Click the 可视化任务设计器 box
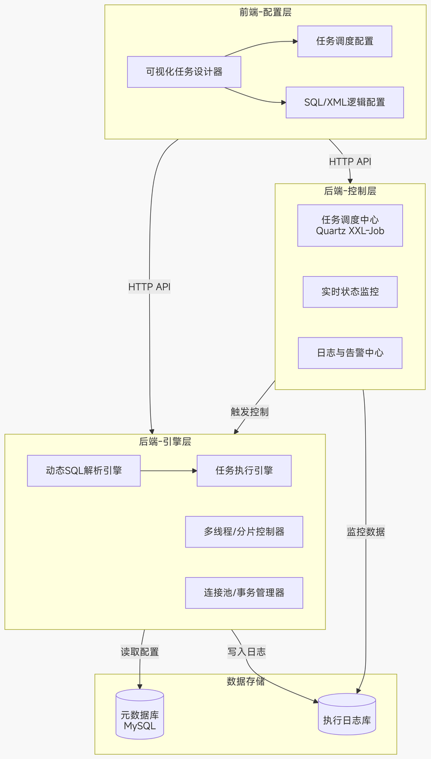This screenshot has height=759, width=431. [x=184, y=72]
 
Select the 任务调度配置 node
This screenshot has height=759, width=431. [x=345, y=41]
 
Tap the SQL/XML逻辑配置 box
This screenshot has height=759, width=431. [x=345, y=102]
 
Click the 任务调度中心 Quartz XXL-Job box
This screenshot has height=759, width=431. [x=350, y=225]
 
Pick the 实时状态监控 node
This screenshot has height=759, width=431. [x=350, y=292]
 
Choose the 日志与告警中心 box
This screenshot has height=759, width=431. [x=350, y=353]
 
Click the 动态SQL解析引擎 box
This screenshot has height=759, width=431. [x=84, y=470]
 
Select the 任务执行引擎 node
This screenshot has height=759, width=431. [x=244, y=470]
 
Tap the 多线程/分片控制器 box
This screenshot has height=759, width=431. [x=244, y=532]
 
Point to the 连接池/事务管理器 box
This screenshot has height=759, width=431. [x=244, y=593]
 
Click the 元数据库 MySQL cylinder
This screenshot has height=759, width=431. [x=140, y=715]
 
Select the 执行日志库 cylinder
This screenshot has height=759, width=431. [x=347, y=715]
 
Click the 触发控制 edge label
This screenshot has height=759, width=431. [x=249, y=412]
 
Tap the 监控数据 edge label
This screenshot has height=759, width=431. [x=366, y=532]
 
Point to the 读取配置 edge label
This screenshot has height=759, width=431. [x=140, y=652]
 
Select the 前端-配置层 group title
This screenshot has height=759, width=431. [x=266, y=12]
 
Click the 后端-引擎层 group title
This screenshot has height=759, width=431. [x=165, y=441]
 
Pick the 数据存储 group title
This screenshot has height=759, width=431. [x=246, y=681]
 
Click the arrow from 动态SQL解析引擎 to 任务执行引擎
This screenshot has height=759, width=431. [x=169, y=470]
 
